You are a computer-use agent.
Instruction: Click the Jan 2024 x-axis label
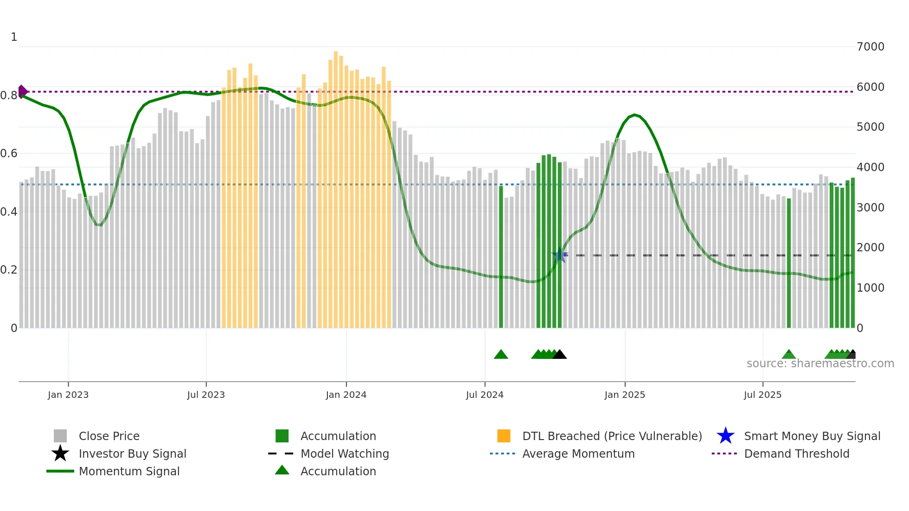346,395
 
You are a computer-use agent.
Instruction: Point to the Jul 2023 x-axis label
206,395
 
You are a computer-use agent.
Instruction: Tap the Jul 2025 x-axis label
762,395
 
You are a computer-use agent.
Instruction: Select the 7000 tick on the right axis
871,47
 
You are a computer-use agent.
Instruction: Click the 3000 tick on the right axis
871,207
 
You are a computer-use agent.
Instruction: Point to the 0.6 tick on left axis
9,153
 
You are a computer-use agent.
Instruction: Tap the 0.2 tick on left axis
9,270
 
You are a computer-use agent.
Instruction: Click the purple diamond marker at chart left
22,91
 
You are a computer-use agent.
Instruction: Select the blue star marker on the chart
559,255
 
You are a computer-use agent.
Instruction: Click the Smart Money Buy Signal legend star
725,436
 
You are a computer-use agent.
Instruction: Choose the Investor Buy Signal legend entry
132,454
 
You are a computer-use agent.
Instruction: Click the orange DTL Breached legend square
504,436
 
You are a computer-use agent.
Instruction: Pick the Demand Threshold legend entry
796,454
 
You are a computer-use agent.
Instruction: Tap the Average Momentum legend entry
578,454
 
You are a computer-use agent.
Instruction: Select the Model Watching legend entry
344,454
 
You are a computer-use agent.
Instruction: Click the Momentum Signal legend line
60,471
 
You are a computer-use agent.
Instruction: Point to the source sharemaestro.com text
820,364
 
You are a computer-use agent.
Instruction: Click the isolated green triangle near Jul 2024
501,355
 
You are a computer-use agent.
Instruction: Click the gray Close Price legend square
60,436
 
